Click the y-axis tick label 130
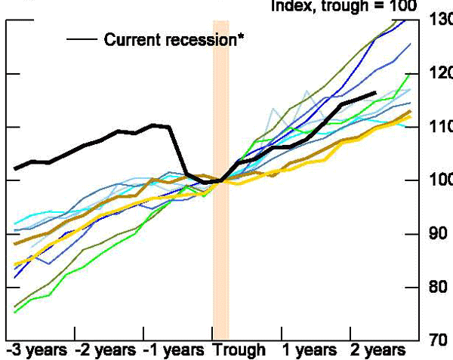[x=439, y=20]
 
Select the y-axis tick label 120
[x=439, y=73]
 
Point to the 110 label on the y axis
[x=439, y=127]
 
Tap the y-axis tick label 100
[x=439, y=180]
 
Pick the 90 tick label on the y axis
[x=439, y=234]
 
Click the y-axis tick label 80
[x=439, y=288]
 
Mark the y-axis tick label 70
[x=439, y=340]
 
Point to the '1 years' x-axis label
[x=308, y=350]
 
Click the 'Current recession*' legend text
[x=173, y=39]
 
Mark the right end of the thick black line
[x=375, y=93]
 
